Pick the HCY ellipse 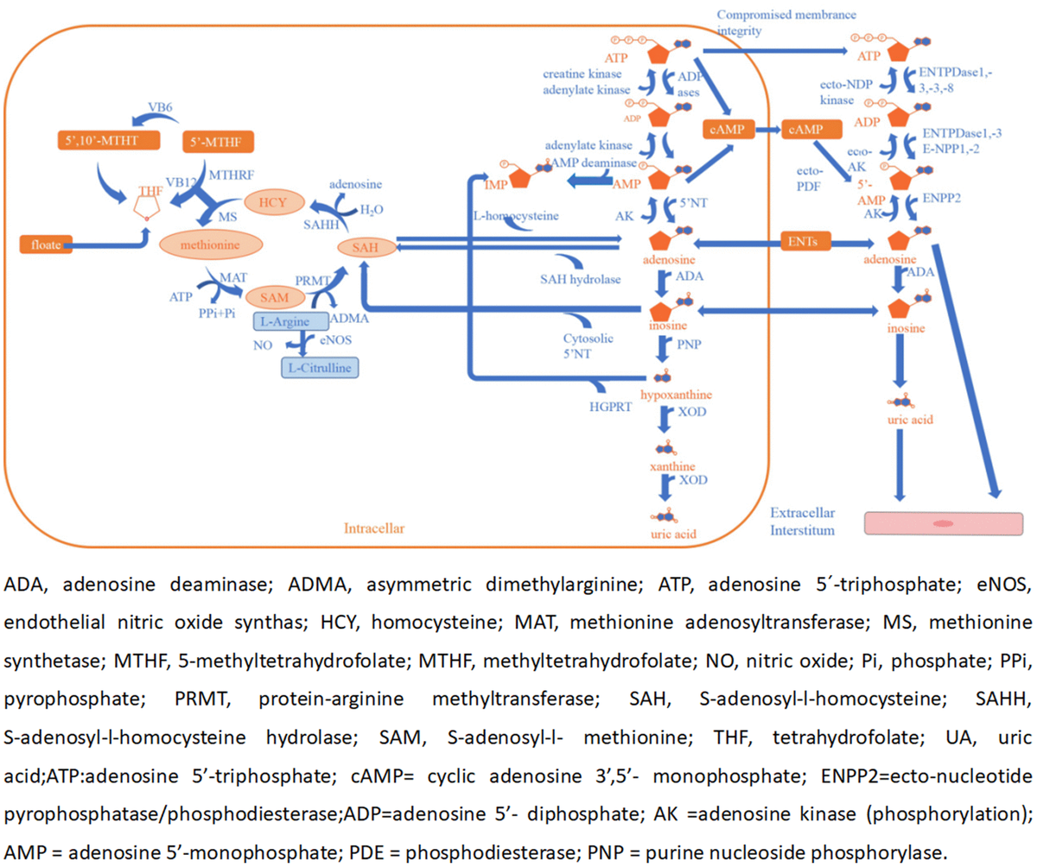(x=272, y=202)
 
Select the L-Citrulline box (x=320, y=367)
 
